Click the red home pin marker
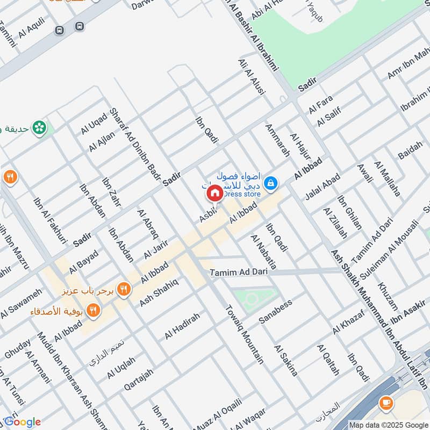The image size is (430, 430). click(214, 193)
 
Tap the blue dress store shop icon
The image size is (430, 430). click(273, 184)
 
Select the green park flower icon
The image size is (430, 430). click(39, 128)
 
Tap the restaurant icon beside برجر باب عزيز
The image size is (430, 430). click(124, 289)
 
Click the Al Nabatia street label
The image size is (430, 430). click(263, 252)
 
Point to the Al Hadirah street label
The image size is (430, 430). click(182, 326)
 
